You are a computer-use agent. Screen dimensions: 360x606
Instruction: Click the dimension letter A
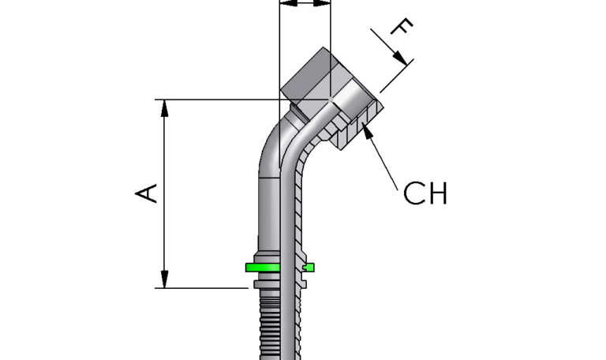(x=148, y=193)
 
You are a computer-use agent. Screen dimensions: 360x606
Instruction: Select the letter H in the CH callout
(x=438, y=193)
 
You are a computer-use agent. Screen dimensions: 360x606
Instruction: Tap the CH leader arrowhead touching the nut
(x=368, y=129)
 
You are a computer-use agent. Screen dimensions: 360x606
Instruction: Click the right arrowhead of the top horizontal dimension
(x=323, y=3)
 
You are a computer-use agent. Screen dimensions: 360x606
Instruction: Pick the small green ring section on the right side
(x=309, y=268)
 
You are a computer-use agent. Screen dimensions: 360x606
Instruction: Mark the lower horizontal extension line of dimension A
(x=205, y=288)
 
